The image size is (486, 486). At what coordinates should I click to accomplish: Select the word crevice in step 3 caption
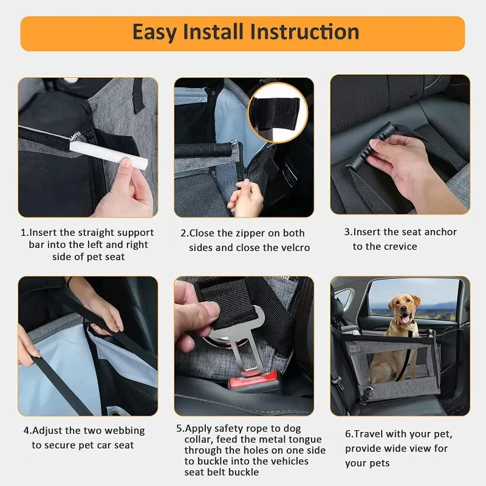(x=400, y=246)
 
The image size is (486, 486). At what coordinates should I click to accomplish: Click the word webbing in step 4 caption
(x=123, y=431)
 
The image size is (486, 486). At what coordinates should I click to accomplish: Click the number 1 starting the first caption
(x=24, y=233)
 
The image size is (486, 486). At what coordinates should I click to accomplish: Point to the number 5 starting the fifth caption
(x=179, y=428)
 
